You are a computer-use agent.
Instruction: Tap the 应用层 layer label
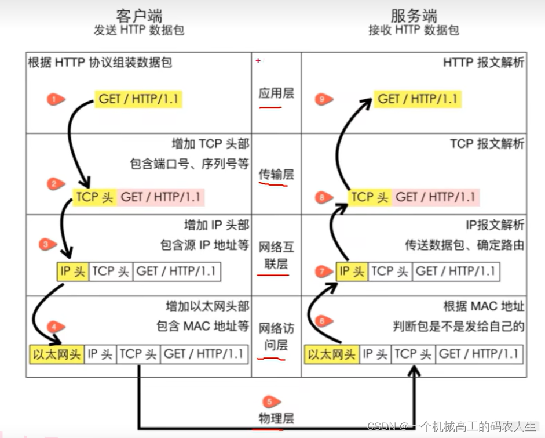[276, 93]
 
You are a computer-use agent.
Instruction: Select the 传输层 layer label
[276, 173]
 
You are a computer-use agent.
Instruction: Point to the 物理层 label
[276, 418]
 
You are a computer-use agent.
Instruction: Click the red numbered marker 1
[56, 99]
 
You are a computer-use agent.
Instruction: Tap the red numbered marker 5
[269, 401]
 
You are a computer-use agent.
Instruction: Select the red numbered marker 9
[324, 99]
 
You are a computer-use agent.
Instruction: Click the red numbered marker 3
[47, 244]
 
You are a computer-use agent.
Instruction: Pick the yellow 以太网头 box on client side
[56, 353]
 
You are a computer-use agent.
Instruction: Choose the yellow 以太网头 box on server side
[331, 353]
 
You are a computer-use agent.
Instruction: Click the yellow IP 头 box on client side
[72, 271]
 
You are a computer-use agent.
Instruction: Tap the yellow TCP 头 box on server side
[370, 197]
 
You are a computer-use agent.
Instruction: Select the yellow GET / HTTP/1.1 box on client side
[138, 99]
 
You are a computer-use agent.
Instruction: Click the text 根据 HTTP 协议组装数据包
[100, 63]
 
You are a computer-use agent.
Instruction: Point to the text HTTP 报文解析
[484, 63]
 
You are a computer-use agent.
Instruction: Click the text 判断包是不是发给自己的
[458, 326]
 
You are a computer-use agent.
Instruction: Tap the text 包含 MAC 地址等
[203, 326]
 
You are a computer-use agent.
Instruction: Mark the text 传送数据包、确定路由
[464, 245]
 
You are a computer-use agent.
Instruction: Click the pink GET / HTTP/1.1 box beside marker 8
[436, 197]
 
